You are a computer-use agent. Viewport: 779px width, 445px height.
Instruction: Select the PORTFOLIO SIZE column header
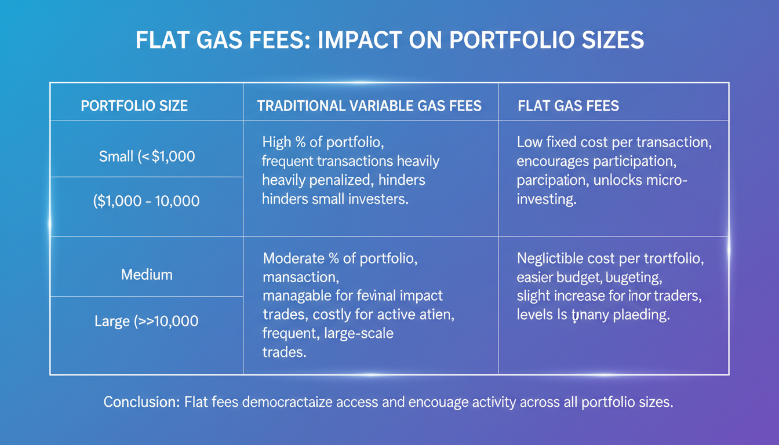134,106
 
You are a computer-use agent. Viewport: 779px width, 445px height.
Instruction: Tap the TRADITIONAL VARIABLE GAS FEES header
369,106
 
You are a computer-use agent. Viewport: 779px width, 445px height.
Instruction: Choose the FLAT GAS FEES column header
568,106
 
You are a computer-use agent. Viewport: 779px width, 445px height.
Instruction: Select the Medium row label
147,274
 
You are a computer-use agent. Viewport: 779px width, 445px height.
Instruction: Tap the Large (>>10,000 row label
146,320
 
